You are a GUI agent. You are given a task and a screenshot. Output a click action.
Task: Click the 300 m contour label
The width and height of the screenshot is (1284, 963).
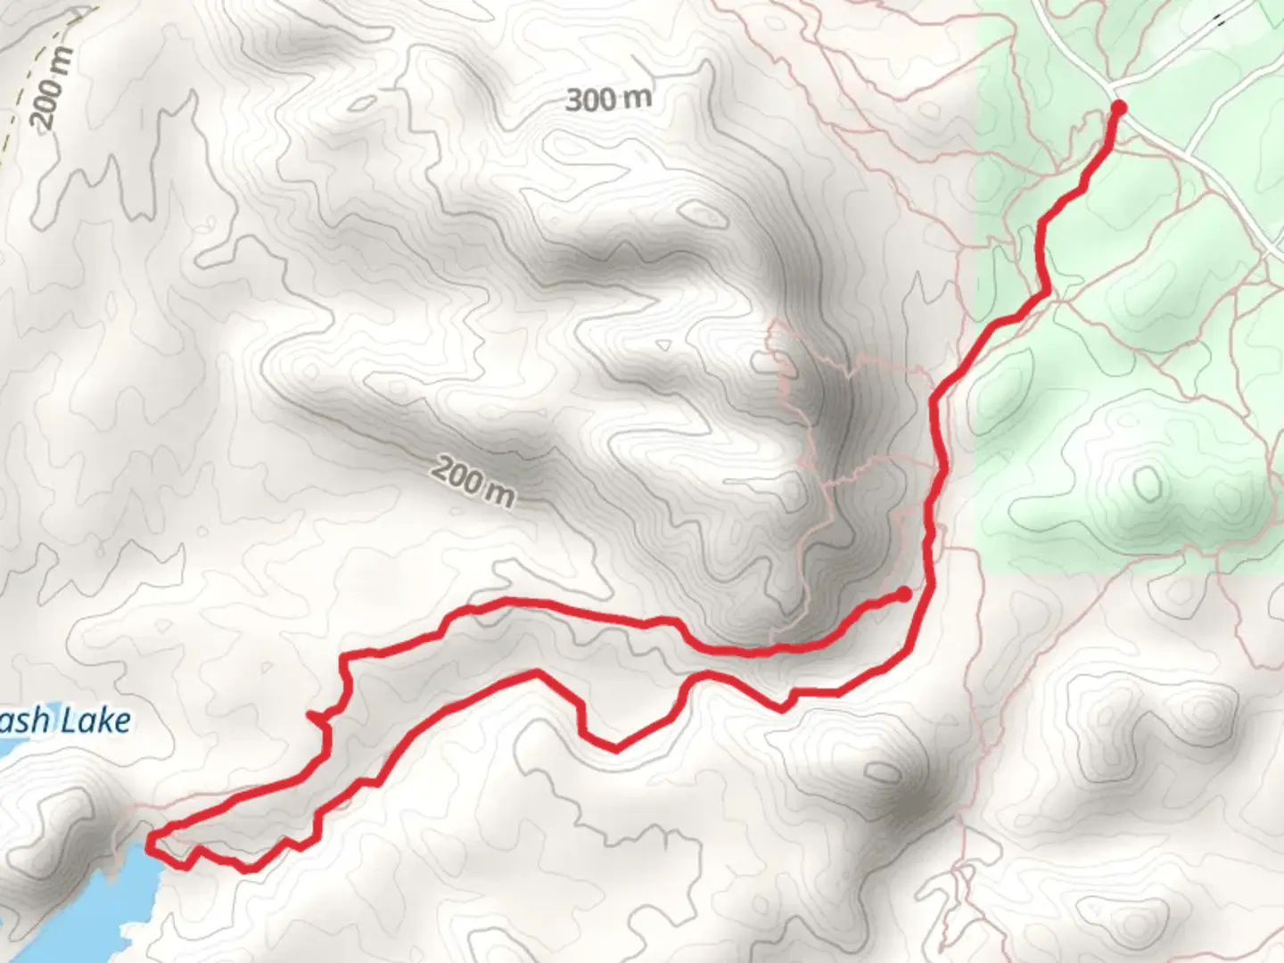pos(608,99)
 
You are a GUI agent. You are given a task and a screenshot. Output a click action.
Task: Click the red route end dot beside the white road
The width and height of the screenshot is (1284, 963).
pos(1117,108)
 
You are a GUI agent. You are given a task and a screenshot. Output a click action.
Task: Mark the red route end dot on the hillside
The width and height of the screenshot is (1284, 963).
pos(904,594)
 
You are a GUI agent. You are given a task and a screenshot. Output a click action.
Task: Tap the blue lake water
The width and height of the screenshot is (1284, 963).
pos(62,909)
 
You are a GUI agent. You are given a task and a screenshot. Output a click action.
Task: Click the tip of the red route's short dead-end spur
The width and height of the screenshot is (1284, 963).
pos(309,714)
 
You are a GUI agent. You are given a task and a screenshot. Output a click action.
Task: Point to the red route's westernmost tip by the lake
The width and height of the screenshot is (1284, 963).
pos(149,836)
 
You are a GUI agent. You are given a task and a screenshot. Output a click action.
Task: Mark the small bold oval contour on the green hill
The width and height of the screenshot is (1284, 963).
pos(1148,482)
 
